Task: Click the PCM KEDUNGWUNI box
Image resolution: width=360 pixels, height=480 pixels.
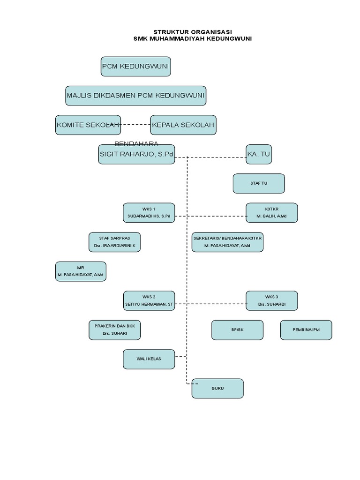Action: point(135,67)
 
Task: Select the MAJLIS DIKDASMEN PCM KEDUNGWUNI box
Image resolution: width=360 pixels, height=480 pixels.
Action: point(135,96)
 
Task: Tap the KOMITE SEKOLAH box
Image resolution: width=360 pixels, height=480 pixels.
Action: point(88,125)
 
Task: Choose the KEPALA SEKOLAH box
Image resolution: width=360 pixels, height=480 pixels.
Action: point(183,125)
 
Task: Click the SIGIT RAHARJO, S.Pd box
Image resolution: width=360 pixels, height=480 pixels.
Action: point(136,154)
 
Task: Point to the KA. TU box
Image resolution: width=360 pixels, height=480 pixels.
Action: point(259,154)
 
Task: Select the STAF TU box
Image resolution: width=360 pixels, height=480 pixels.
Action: point(259,183)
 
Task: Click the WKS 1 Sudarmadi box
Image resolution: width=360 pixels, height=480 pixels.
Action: point(149,213)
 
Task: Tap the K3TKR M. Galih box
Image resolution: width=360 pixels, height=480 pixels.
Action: point(271,213)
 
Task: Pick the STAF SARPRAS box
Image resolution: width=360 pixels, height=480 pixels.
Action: point(115,242)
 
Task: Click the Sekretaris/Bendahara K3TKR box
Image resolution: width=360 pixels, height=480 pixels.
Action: point(228,242)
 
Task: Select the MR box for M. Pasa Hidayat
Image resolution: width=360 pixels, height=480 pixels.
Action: point(81,271)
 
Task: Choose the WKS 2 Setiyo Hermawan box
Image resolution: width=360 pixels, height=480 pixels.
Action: point(149,300)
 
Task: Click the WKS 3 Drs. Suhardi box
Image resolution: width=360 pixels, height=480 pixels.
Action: point(271,300)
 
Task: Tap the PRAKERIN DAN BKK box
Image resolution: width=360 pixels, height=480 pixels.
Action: point(115,330)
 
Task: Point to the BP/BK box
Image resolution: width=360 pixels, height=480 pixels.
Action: point(237,330)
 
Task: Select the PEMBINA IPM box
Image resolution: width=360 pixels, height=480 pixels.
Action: point(306,330)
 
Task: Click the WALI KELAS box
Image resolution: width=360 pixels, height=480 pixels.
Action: point(149,359)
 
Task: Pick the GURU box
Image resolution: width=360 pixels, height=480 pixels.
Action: point(217,389)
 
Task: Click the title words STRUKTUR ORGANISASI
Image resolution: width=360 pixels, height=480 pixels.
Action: point(193,32)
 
